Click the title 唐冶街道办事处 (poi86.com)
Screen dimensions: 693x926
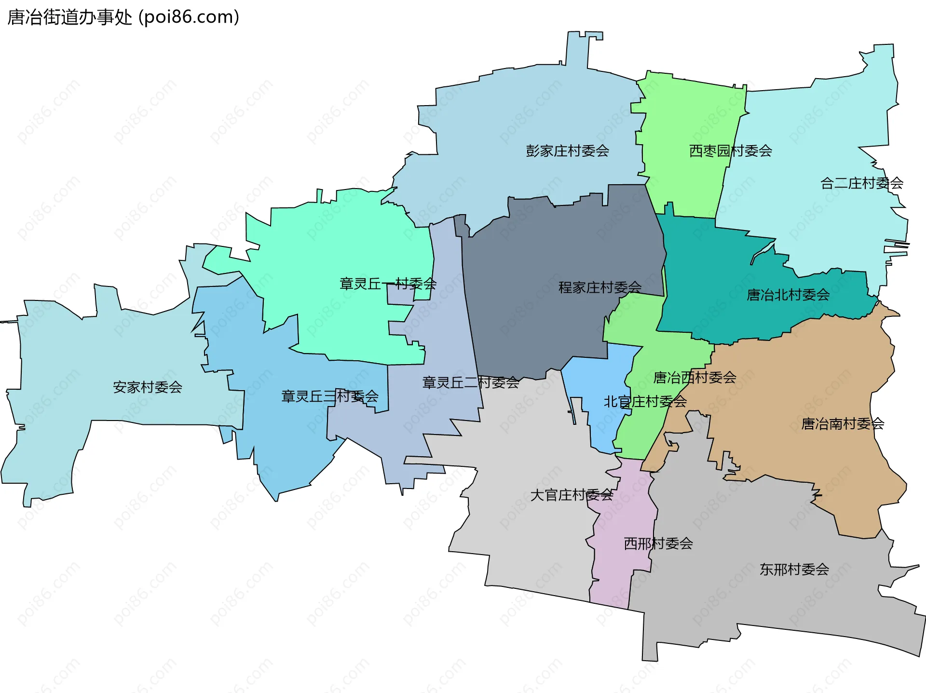coord(123,17)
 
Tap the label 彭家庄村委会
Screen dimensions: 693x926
coord(567,151)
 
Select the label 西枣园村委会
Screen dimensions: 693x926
coord(730,151)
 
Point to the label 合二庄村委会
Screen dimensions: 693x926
coord(861,183)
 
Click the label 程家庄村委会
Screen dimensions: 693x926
coord(599,287)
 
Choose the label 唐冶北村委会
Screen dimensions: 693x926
coord(788,295)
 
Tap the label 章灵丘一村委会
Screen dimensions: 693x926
coord(388,284)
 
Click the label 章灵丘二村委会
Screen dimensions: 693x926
coord(470,382)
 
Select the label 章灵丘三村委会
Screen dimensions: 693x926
coord(329,396)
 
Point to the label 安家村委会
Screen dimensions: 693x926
coord(147,387)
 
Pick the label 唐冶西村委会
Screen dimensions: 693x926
coord(694,378)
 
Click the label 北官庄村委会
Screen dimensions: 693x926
coord(645,401)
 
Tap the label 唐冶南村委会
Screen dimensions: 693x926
coord(842,424)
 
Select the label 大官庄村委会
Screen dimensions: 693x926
coord(572,495)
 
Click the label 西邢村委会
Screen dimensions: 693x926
coord(658,544)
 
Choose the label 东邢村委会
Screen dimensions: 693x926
coord(794,570)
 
